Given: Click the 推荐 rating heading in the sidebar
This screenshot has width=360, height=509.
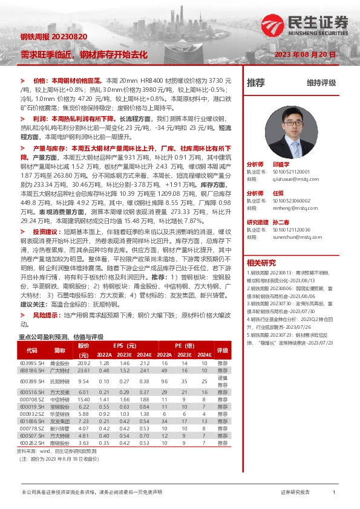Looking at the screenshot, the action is click(256, 83).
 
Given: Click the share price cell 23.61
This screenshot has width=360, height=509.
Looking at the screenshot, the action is click(83, 370).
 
